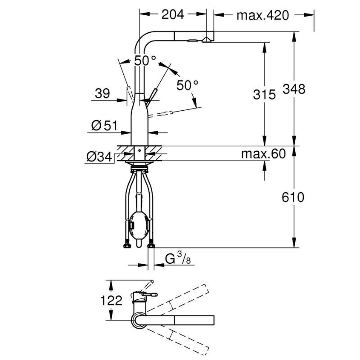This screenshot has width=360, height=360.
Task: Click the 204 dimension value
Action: tap(173, 15)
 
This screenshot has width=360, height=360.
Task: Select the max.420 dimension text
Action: tap(262, 15)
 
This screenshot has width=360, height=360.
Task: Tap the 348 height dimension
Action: tap(294, 89)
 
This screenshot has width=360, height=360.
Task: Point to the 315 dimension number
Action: tap(264, 94)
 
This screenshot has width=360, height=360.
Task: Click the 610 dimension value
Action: tap(293, 197)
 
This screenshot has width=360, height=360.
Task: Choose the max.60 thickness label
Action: tap(263, 153)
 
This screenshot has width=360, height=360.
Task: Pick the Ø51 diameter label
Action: tap(104, 126)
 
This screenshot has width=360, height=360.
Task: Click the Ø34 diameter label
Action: tap(99, 157)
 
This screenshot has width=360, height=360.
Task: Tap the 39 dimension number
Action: tap(103, 93)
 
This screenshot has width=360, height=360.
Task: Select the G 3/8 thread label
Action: tap(178, 258)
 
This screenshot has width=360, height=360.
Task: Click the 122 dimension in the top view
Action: tap(111, 300)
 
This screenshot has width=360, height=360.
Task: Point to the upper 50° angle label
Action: tap(144, 61)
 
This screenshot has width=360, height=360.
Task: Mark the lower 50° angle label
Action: tap(187, 85)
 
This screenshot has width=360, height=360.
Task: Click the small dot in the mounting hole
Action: tap(139, 151)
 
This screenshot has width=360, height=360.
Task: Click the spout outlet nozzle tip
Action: tap(207, 40)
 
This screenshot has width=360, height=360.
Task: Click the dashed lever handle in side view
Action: tap(161, 114)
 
